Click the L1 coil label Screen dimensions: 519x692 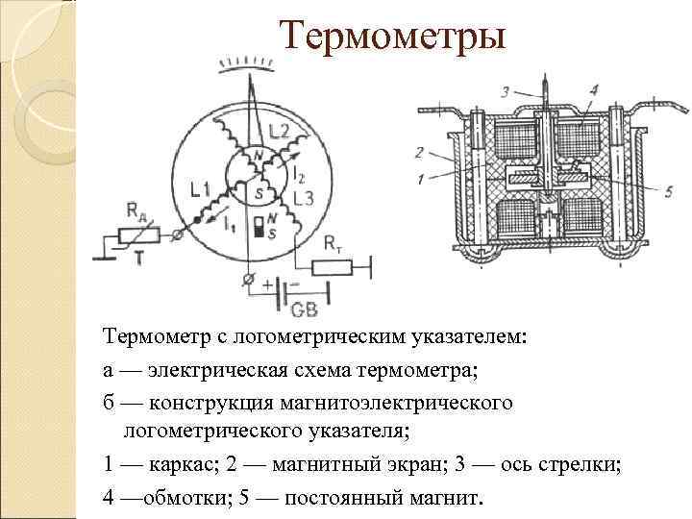click(x=200, y=189)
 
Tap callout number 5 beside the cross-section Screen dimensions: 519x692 click(x=641, y=190)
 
